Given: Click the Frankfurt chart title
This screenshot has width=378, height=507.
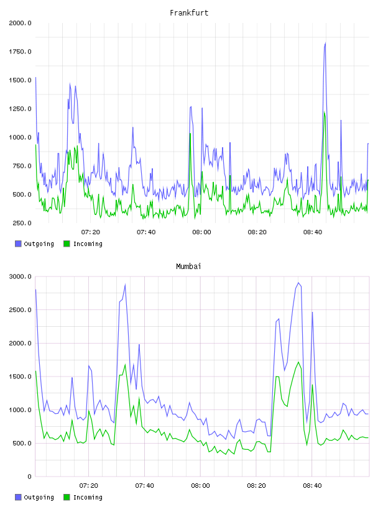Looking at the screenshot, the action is pos(189,13).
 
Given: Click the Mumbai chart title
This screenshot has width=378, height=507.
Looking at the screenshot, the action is pos(188,267).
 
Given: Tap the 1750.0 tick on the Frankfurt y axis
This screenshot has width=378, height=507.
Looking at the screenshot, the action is pos(20,52).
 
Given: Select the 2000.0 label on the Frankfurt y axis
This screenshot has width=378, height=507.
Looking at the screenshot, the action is pos(20,23).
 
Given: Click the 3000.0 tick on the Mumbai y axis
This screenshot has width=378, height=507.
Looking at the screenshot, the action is pos(20,276).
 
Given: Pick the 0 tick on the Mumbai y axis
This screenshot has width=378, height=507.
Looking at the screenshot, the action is pos(29,477).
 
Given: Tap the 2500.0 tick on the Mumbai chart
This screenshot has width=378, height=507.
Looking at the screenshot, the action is pos(20,310).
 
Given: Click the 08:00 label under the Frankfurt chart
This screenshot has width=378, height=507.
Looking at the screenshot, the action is pos(201,232).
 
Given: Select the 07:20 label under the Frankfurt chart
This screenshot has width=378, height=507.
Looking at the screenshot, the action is pos(91,232).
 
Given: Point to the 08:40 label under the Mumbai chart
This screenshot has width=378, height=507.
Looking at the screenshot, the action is pos(312,486).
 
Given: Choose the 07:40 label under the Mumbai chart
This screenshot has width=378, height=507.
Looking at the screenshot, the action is pos(145,486).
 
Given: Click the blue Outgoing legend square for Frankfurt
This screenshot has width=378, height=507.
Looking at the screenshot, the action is pos(18,244).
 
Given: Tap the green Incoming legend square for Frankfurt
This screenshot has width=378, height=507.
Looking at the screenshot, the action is pos(67,244).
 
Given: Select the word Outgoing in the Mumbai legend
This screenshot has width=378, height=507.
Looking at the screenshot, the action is pos(39,497).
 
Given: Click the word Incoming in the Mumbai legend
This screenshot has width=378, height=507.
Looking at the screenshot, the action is pos(88,497).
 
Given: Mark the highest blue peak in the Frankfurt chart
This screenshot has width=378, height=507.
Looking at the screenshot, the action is pos(325,43).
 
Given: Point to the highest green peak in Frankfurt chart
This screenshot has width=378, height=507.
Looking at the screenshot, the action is pos(325,112).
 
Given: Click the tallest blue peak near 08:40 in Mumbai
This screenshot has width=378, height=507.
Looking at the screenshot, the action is pos(298,283).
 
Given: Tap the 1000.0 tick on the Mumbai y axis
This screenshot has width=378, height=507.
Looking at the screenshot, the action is pos(20,410).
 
